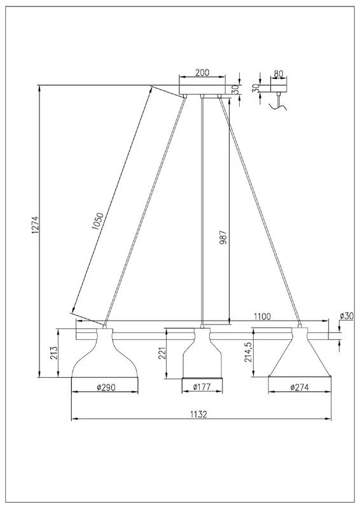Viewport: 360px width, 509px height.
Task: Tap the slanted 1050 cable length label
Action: pyautogui.click(x=98, y=221)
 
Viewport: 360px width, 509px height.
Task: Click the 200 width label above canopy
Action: pyautogui.click(x=202, y=73)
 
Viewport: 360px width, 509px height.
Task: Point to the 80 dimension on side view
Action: pyautogui.click(x=278, y=74)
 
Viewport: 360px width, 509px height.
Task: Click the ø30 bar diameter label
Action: pyautogui.click(x=347, y=316)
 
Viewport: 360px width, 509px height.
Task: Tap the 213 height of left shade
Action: pyautogui.click(x=54, y=353)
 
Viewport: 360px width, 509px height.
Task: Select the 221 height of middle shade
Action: pyautogui.click(x=162, y=354)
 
